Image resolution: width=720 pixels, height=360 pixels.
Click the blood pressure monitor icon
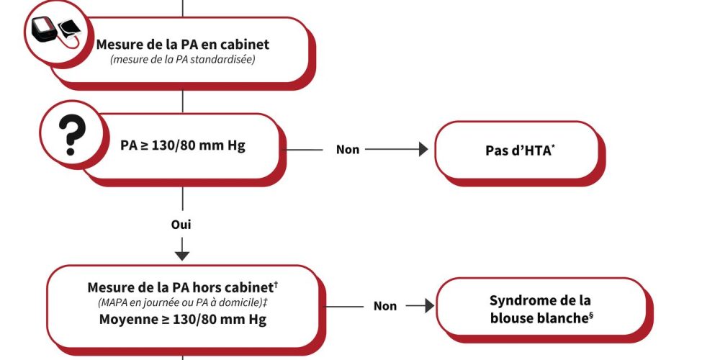pos(55,32)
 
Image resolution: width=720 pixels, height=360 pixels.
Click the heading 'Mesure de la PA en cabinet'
pos(183,45)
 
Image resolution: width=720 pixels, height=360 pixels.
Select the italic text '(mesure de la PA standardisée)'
pos(183,59)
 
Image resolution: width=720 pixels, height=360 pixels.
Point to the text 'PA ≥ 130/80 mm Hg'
pos(183,146)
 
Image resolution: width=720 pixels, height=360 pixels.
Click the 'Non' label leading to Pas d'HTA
pos(348,150)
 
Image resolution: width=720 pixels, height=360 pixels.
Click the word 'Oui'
pos(181,225)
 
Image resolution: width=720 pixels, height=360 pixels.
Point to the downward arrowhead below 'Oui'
pos(182,254)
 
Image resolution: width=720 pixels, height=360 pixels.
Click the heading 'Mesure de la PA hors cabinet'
pos(180,287)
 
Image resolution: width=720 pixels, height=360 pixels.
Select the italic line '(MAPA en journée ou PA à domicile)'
pos(180,302)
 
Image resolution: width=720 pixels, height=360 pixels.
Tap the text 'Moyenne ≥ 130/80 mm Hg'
pos(183,319)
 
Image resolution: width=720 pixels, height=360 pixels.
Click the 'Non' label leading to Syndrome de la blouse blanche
pos(385,306)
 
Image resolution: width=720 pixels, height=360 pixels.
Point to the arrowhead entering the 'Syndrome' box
pos(429,306)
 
